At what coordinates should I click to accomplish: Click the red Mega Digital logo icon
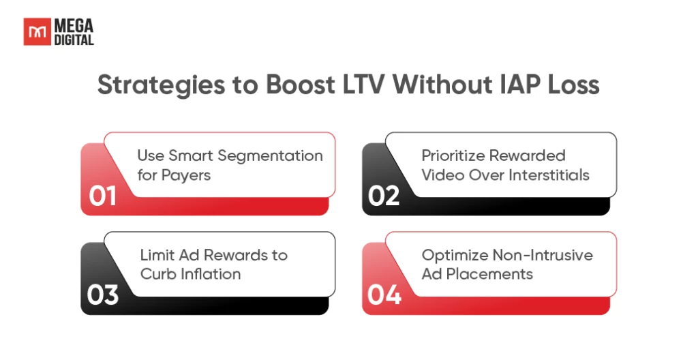pos(37,31)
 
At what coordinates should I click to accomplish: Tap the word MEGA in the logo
pos(74,25)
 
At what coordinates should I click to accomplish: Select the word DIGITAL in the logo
pos(74,40)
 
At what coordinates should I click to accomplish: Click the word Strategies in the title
pos(161,85)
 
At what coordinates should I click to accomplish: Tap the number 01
pos(102,196)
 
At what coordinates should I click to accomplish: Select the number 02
pos(384,196)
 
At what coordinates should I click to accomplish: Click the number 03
pos(103,295)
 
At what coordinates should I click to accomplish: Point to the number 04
pos(384,295)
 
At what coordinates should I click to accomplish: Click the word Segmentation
pos(270,156)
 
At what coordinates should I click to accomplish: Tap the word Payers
pos(186,175)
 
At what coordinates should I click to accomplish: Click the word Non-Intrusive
pos(543,255)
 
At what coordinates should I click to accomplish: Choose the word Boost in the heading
pos(300,85)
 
